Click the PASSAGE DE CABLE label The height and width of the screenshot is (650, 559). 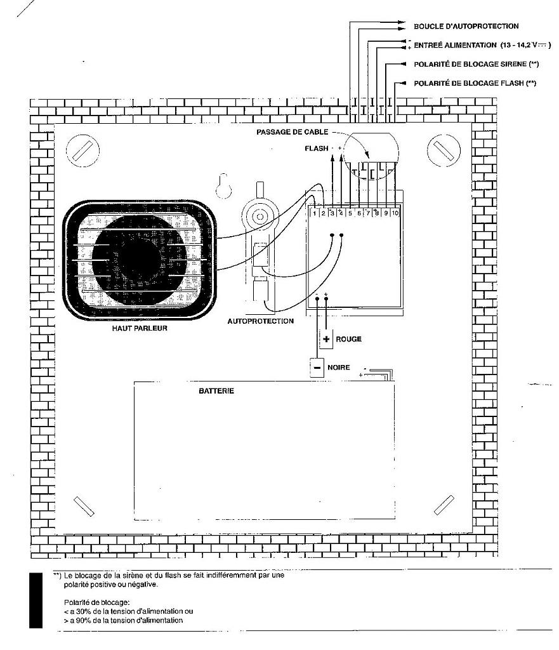tap(292, 132)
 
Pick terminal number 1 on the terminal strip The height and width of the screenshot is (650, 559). tap(314, 213)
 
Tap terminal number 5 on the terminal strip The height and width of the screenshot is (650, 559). tap(350, 213)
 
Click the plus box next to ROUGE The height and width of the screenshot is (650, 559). tap(326, 339)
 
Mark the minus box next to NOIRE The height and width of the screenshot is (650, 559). tap(317, 368)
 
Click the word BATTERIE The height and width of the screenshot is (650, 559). tap(216, 391)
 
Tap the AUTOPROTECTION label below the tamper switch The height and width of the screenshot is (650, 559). tap(261, 321)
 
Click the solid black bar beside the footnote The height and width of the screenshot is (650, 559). tap(37, 599)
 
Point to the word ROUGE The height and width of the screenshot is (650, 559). tap(348, 339)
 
